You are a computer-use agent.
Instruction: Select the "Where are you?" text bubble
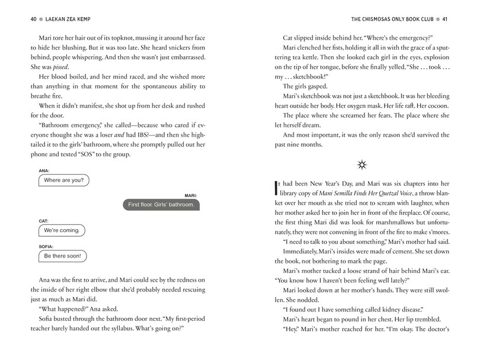click(x=64, y=180)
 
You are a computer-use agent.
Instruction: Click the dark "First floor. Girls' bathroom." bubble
click(x=161, y=205)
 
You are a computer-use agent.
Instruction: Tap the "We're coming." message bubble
click(x=62, y=230)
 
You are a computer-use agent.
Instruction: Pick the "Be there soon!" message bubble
click(x=62, y=256)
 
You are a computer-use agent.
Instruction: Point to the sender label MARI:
click(x=191, y=194)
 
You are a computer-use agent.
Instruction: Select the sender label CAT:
click(x=44, y=220)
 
